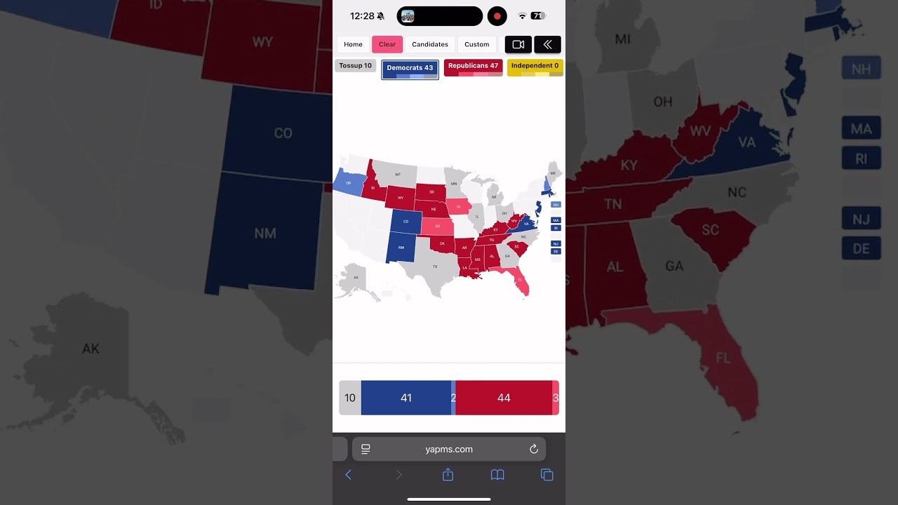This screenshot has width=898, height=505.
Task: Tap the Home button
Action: coord(353,44)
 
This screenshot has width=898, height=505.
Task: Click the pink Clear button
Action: coord(387,44)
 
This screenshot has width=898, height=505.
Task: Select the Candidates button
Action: coord(430,44)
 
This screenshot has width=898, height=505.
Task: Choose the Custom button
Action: coord(477,44)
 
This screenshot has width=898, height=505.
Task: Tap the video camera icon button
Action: coord(518,44)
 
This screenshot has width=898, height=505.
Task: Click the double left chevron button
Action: coord(547,44)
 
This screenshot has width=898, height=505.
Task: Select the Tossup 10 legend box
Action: coord(356,66)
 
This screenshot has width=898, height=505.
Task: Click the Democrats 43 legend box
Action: coord(410,69)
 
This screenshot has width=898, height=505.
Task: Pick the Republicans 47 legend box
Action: coord(473,67)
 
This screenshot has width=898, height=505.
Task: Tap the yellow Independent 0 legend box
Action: coord(535,67)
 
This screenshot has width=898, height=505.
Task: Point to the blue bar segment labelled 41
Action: coord(406,398)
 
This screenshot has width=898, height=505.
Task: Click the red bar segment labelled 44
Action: coord(504,398)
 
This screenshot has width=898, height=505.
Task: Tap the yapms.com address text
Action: coord(449,449)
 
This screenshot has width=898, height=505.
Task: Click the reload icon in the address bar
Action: coord(534,449)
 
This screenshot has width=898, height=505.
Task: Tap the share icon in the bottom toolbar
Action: coord(448,475)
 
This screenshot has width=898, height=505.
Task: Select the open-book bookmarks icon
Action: coord(497,475)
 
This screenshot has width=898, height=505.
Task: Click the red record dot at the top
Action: coord(497,16)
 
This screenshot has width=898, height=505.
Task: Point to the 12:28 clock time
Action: coord(362,16)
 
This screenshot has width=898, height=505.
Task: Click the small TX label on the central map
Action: coord(435,267)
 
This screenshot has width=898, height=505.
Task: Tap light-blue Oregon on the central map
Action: coord(349,182)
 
